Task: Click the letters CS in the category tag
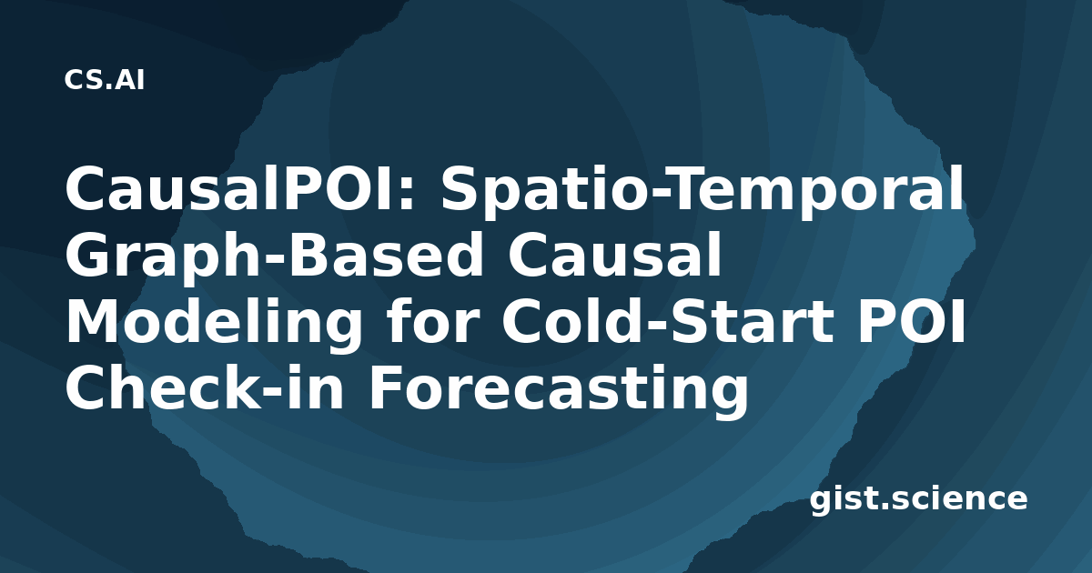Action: click(x=84, y=80)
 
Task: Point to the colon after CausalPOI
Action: click(x=409, y=195)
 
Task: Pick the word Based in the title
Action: click(x=387, y=255)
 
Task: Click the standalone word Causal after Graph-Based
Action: click(x=614, y=255)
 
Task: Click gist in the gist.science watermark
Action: click(x=844, y=499)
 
